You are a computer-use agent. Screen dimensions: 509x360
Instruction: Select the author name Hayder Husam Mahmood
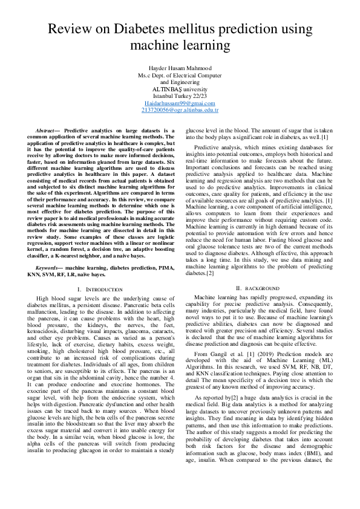tap(180, 68)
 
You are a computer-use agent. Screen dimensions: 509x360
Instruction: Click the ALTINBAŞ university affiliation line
tap(180, 88)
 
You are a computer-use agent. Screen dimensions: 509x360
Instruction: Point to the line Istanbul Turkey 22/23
tap(180, 96)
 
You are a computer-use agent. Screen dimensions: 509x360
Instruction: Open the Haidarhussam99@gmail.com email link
tap(180, 103)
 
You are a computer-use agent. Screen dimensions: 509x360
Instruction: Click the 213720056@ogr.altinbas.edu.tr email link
tap(180, 111)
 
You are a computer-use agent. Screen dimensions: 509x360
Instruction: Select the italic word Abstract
tap(48, 131)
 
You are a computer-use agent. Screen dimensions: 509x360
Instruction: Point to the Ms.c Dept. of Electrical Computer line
tap(180, 75)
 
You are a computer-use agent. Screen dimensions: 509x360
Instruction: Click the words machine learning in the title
tap(180, 45)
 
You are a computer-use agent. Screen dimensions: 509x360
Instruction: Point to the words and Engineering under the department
tap(180, 82)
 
